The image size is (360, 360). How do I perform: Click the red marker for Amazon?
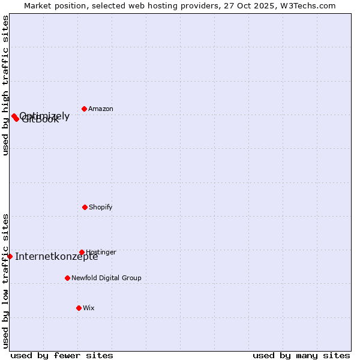[84, 109]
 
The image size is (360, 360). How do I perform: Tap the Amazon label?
[101, 109]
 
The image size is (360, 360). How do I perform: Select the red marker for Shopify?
[85, 207]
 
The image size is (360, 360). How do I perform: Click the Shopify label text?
[101, 208]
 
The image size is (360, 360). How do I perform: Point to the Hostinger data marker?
[82, 252]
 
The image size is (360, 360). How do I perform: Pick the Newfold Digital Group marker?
[67, 278]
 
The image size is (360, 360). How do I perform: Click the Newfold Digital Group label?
[106, 278]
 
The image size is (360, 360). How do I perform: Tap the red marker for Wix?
[79, 308]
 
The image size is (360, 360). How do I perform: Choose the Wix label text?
[89, 308]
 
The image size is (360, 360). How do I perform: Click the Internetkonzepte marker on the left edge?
[10, 256]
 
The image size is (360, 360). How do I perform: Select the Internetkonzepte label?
[56, 257]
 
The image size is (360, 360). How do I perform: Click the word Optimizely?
[44, 116]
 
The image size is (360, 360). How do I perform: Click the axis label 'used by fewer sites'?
[62, 355]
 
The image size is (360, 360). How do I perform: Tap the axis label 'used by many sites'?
[301, 355]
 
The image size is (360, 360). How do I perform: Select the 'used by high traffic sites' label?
[5, 85]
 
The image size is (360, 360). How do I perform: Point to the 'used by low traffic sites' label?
[5, 280]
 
